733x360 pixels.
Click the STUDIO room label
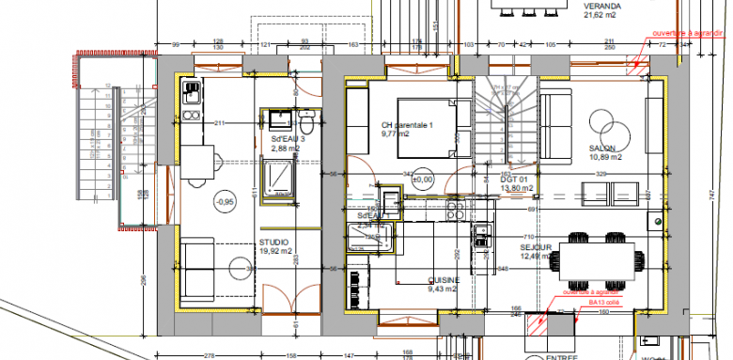(x=274, y=243)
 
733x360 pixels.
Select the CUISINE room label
(x=444, y=280)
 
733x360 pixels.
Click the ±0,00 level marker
(x=421, y=179)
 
